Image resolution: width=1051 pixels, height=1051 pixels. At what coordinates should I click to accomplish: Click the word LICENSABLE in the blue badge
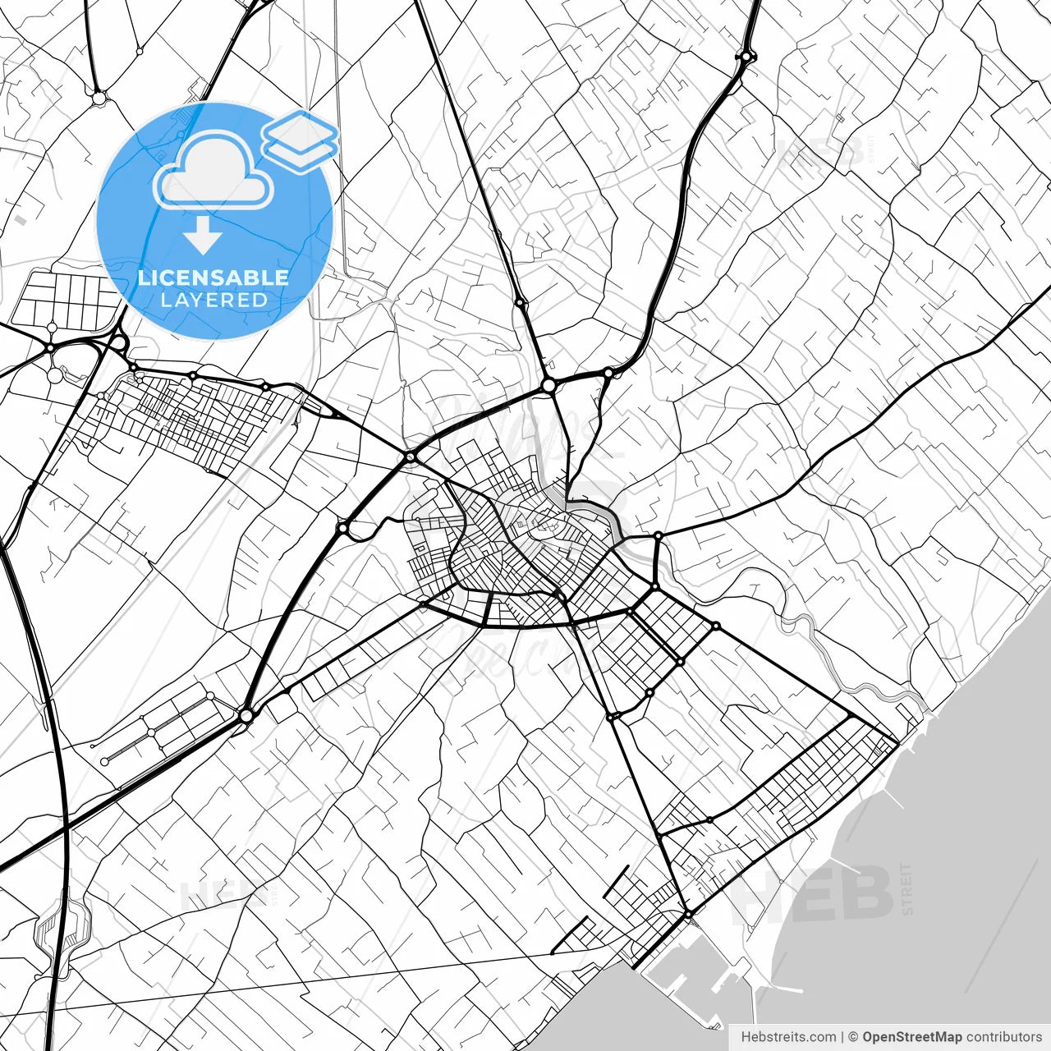coord(213,278)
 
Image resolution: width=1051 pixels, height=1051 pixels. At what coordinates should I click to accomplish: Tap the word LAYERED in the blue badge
coord(213,300)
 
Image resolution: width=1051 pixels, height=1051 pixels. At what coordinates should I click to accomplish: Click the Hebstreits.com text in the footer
coord(788,1037)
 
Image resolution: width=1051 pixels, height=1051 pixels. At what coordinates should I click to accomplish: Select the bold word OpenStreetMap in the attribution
coord(911,1037)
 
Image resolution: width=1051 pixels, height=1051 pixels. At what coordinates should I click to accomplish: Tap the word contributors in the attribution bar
coord(1003,1037)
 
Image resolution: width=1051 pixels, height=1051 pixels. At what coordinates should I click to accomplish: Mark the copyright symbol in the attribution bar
coord(853,1037)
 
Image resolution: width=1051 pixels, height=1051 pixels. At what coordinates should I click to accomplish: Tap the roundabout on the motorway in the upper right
coord(746,57)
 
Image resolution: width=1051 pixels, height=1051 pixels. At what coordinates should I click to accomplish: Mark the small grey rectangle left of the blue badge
coord(19,220)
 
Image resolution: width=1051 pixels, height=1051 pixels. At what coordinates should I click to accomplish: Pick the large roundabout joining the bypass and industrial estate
coord(246,716)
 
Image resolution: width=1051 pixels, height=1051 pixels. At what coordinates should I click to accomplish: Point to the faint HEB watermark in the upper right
coord(821,151)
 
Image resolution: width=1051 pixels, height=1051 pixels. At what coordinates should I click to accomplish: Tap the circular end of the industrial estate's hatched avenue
coord(104,762)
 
